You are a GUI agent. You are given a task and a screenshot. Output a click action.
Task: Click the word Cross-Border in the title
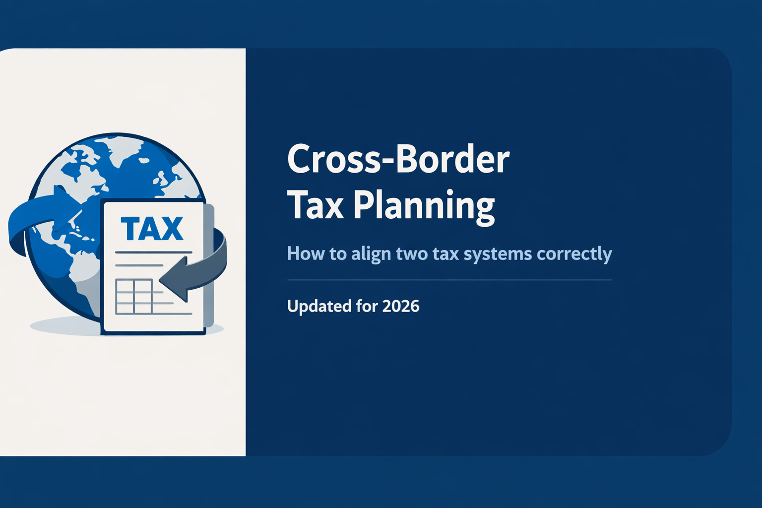click(398, 160)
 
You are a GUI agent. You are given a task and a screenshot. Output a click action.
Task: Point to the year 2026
click(401, 306)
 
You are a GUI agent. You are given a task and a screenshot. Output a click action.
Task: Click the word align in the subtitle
click(371, 254)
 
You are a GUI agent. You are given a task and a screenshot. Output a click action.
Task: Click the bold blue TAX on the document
click(152, 229)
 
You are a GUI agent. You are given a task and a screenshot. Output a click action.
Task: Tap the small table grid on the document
click(133, 296)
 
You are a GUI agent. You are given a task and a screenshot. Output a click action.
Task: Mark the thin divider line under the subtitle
click(449, 280)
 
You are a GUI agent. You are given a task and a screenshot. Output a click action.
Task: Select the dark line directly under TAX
click(153, 253)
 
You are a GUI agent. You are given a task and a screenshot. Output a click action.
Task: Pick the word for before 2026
click(367, 306)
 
